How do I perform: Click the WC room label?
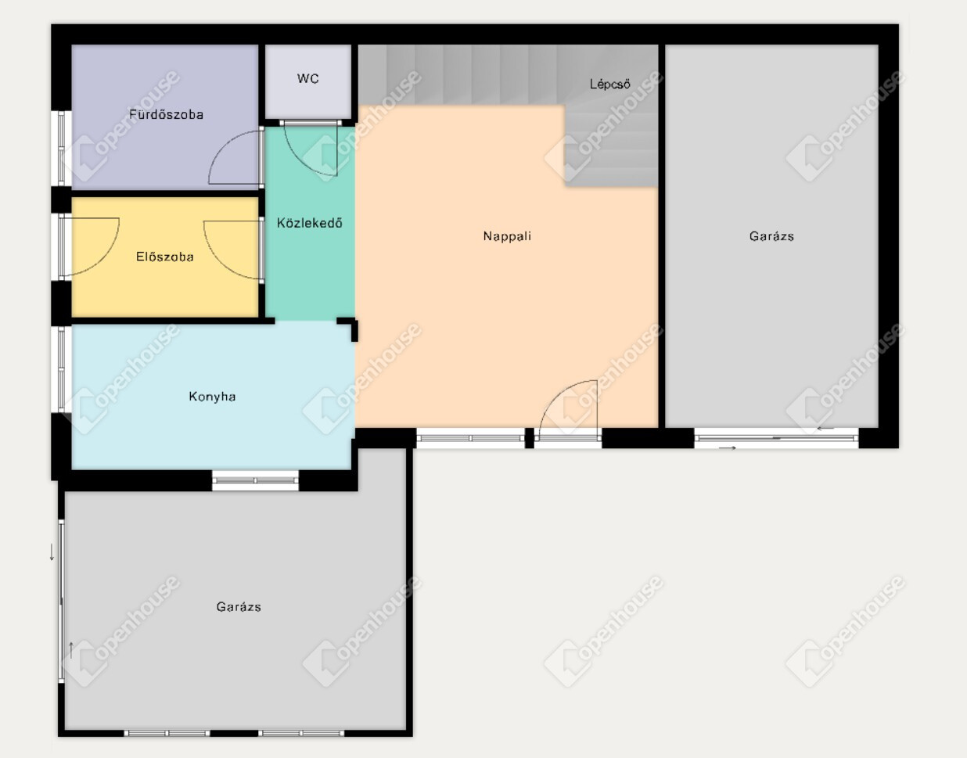(307, 79)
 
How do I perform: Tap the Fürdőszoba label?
(166, 114)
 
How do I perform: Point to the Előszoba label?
(164, 257)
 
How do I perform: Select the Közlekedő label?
(309, 223)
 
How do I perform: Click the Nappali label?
(507, 235)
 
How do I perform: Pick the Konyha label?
(212, 397)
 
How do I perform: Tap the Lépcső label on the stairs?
(609, 84)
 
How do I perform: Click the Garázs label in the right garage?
(771, 235)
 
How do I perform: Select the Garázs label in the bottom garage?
(239, 606)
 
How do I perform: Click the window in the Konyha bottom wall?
(255, 480)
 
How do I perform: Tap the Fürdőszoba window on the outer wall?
(61, 148)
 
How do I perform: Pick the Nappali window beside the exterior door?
(470, 439)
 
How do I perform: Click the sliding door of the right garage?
(776, 438)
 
